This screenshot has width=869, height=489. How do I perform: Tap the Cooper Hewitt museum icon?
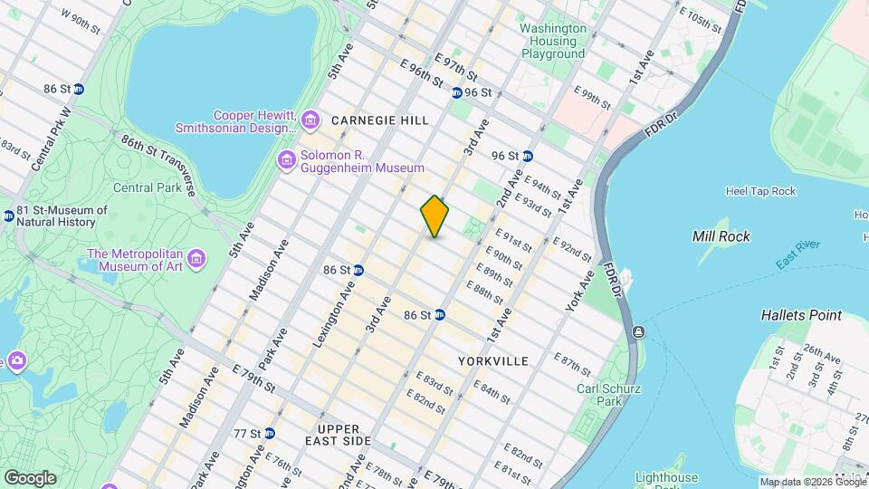click(310, 120)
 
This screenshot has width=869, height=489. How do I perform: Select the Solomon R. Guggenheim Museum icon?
click(287, 160)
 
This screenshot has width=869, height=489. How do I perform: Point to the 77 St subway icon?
click(270, 433)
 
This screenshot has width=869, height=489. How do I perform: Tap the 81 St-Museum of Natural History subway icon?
click(8, 216)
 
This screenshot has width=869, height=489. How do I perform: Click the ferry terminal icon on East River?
click(639, 331)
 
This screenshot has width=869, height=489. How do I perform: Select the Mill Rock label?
click(721, 236)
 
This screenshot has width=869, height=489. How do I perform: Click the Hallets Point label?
click(801, 315)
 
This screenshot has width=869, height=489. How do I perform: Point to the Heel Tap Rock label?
click(760, 191)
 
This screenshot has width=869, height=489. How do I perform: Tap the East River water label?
click(797, 252)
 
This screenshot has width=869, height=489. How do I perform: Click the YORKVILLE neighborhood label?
click(492, 360)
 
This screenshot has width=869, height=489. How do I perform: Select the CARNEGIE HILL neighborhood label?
click(380, 120)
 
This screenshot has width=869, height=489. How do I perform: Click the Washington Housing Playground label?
click(553, 41)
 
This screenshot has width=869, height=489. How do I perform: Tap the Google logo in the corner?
click(30, 477)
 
